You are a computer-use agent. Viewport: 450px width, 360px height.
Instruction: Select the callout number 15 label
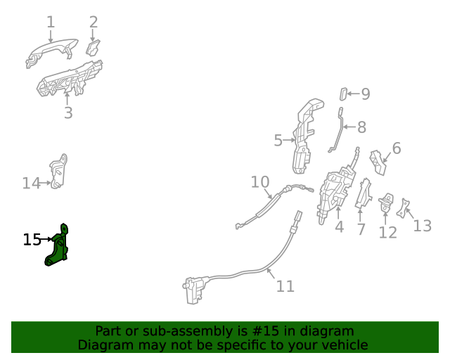32,240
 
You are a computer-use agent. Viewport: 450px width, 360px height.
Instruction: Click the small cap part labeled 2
93,47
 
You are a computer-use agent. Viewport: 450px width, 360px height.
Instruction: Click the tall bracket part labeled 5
307,137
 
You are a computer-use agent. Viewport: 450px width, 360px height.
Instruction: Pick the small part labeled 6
380,162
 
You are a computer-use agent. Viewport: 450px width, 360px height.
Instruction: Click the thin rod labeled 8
340,130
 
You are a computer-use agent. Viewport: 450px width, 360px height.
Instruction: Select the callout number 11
285,286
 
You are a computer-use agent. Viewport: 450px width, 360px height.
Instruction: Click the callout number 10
260,182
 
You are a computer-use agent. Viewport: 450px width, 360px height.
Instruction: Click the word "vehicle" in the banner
344,345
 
